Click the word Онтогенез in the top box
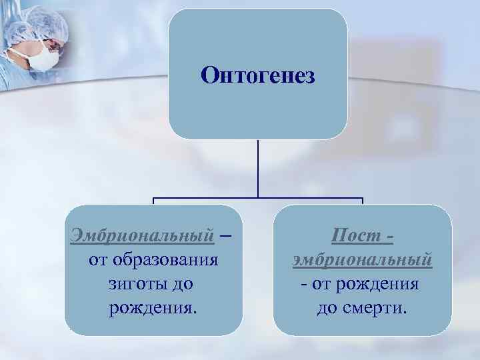[x=257, y=75]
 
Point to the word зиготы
[x=133, y=283]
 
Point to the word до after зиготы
[x=181, y=283]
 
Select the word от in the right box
[x=320, y=283]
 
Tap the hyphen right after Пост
[x=389, y=236]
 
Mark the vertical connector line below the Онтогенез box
[x=258, y=167]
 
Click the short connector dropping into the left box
[x=153, y=201]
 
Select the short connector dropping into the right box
[x=362, y=201]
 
